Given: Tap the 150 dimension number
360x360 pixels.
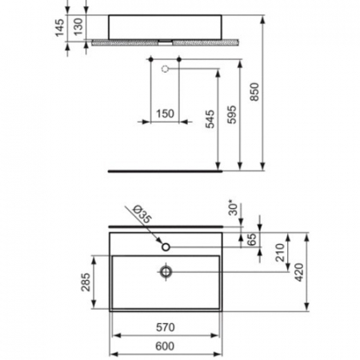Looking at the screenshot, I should pyautogui.click(x=164, y=114).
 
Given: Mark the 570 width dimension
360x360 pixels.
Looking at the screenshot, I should pyautogui.click(x=165, y=327).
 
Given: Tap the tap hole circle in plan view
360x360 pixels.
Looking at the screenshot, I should pyautogui.click(x=166, y=247).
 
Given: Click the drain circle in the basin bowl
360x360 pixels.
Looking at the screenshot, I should pyautogui.click(x=166, y=272).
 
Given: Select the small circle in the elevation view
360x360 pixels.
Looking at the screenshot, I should pyautogui.click(x=166, y=70).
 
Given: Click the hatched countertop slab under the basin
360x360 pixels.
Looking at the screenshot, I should pyautogui.click(x=128, y=42).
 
